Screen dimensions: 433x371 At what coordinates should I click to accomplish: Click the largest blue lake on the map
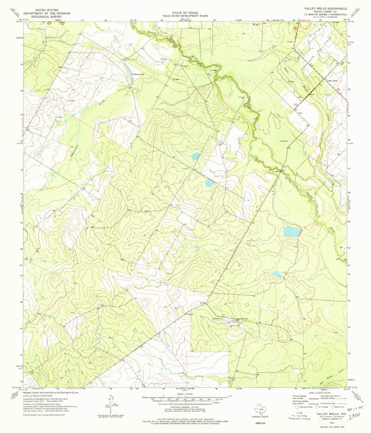[x=292, y=231]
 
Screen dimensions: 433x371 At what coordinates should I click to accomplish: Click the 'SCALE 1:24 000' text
[x=184, y=393]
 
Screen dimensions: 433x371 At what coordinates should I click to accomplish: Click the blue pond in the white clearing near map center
[x=210, y=183]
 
